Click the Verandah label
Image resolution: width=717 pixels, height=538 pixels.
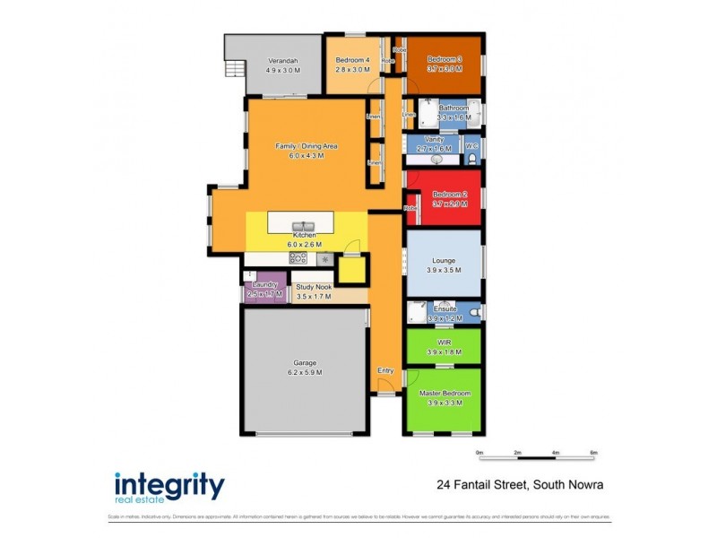pyautogui.click(x=282, y=60)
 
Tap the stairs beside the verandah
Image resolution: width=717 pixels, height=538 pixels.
pyautogui.click(x=233, y=70)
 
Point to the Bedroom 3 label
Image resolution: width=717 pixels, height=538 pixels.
pyautogui.click(x=445, y=59)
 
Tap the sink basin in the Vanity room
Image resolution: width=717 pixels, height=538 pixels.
pyautogui.click(x=437, y=159)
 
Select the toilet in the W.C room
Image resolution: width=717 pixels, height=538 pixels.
pyautogui.click(x=471, y=159)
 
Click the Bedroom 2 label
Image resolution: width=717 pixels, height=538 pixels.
pyautogui.click(x=449, y=195)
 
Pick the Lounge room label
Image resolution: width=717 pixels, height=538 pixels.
pyautogui.click(x=445, y=260)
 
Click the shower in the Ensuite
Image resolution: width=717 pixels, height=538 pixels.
pyautogui.click(x=416, y=311)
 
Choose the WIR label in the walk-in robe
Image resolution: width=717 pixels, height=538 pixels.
pyautogui.click(x=445, y=343)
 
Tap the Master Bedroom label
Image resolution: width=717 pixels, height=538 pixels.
pyautogui.click(x=445, y=393)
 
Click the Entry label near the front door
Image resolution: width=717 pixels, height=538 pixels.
pyautogui.click(x=385, y=370)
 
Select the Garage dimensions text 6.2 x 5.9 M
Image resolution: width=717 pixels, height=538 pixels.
pyautogui.click(x=303, y=372)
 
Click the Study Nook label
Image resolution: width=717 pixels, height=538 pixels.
pyautogui.click(x=315, y=286)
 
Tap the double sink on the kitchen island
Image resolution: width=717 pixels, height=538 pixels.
pyautogui.click(x=302, y=225)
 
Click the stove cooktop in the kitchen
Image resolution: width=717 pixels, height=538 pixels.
pyautogui.click(x=298, y=258)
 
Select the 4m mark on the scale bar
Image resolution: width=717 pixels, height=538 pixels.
pyautogui.click(x=556, y=453)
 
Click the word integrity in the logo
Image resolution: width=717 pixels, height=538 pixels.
pyautogui.click(x=169, y=484)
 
